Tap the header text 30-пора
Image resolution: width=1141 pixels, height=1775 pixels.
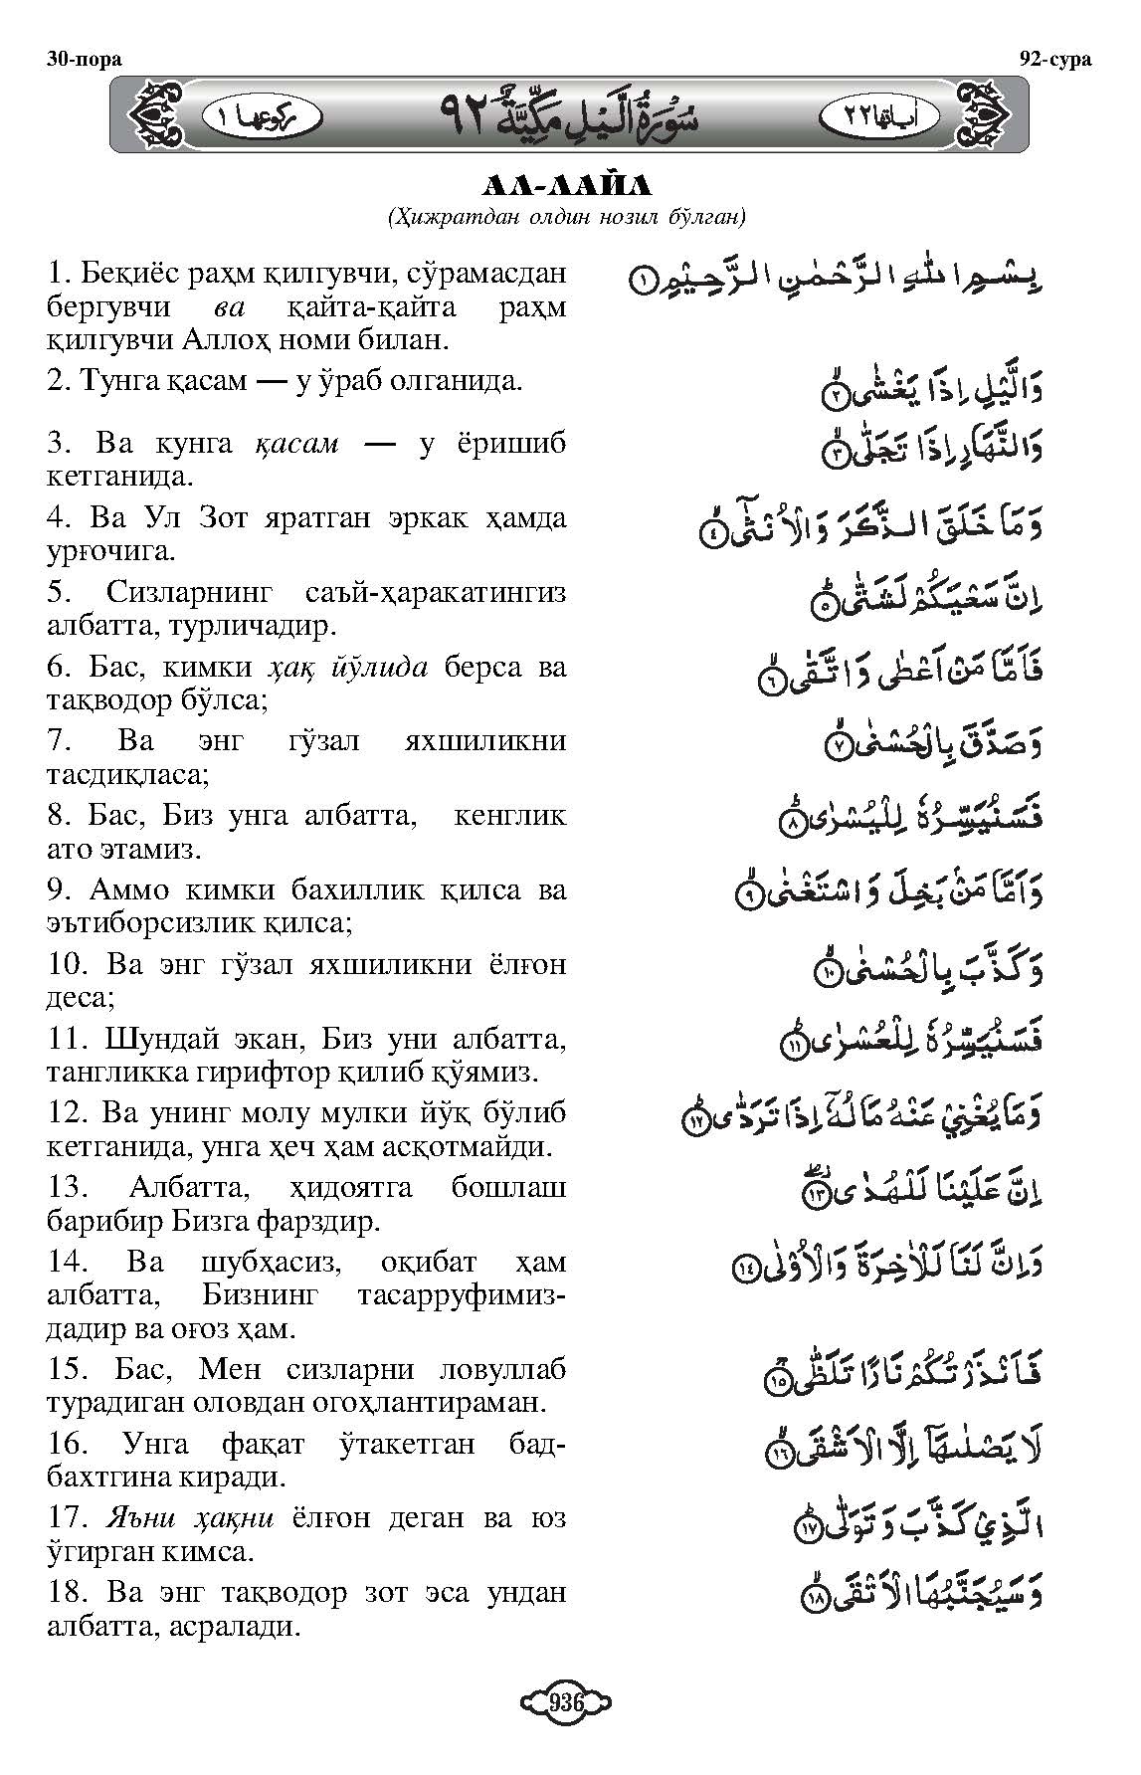(x=84, y=59)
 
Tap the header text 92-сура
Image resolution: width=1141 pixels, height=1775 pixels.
(x=1055, y=59)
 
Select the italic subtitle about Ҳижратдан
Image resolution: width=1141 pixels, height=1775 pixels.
(x=568, y=215)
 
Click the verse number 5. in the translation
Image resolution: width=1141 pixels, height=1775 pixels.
(x=59, y=593)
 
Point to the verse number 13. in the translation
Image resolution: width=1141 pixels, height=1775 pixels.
(x=69, y=1188)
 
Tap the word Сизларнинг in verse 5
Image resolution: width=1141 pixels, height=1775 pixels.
(x=188, y=593)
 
